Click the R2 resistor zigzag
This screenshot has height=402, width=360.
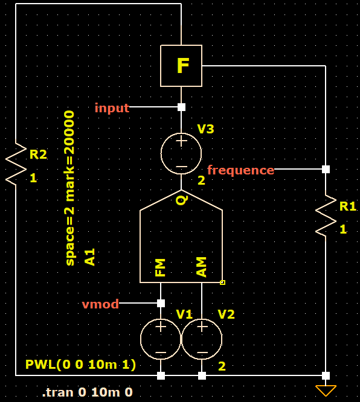16,164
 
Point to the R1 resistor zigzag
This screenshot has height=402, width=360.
326,215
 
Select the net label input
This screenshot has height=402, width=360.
112,108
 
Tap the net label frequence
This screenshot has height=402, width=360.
240,170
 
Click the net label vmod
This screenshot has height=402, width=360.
100,304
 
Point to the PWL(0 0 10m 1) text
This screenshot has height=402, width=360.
80,365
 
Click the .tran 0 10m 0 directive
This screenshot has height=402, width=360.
87,392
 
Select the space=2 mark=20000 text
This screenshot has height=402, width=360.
70,188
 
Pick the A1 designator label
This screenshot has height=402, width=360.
90,257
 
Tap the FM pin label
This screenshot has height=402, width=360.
160,267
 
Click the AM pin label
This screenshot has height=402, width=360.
201,267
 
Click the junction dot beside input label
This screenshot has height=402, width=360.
181,107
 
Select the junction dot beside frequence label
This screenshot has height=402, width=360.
326,169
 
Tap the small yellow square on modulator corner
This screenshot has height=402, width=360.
222,282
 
